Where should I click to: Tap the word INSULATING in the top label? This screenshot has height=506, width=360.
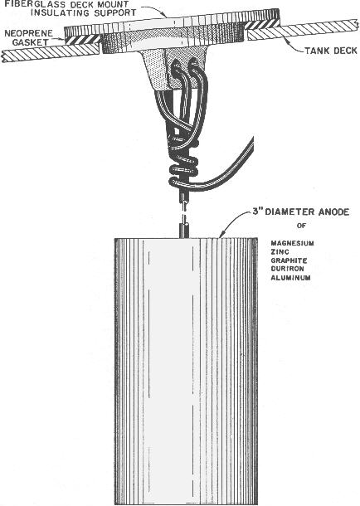coord(57,13)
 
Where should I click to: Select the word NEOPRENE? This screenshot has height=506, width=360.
coord(29,33)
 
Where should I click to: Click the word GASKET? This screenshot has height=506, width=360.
coord(31,42)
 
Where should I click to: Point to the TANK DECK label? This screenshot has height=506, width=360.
coord(331,51)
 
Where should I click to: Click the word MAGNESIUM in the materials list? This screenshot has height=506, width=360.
coord(292,243)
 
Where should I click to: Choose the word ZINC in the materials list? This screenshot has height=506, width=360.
coord(280,251)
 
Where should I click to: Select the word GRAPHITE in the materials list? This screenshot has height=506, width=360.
coord(289,260)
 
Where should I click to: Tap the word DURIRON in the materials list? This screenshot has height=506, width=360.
coord(287,269)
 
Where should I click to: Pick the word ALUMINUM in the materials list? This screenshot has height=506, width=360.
coord(290,278)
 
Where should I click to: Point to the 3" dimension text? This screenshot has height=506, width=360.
coord(257,212)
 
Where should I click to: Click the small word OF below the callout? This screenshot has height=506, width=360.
coord(301,226)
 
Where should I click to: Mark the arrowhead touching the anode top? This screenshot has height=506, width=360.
coord(221,236)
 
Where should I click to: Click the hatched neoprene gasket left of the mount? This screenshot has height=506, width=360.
coord(83,40)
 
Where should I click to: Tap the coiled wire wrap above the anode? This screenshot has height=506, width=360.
coord(183,169)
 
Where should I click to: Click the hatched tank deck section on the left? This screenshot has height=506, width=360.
coord(51,53)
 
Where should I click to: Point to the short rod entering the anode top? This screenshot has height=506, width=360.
coord(185,230)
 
